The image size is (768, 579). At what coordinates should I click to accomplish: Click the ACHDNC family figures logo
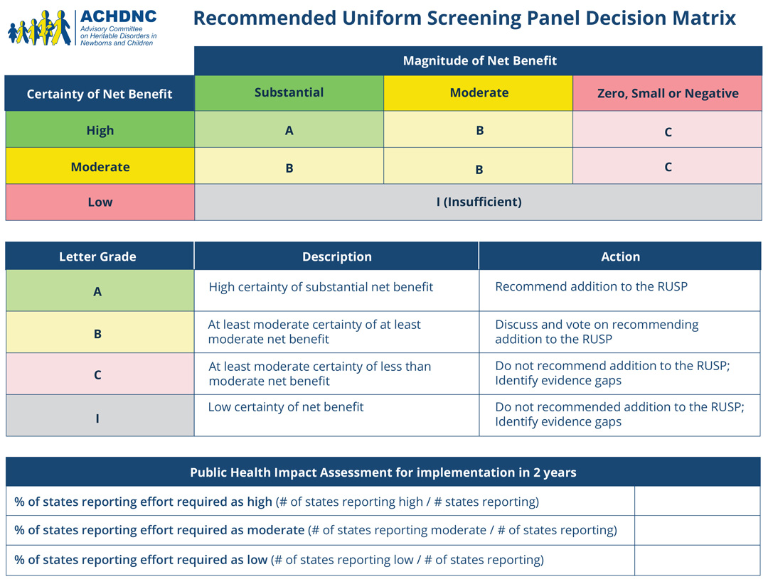point(40,28)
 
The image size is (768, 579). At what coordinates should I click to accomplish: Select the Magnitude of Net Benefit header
point(479,60)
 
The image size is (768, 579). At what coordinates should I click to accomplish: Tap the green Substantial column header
point(289,92)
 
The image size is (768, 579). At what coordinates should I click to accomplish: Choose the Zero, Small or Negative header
point(668,93)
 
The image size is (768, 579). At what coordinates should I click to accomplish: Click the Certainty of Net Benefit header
point(100,94)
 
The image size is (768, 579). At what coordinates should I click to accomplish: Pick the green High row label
point(100,130)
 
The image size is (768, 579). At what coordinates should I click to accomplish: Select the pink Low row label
point(100,202)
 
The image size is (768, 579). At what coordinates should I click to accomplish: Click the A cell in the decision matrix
point(289,130)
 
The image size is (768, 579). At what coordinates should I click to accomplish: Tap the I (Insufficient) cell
point(479,202)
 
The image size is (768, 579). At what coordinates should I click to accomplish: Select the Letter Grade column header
point(97,256)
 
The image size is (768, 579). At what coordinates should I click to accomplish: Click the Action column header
point(620,256)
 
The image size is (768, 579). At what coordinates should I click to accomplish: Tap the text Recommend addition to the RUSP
point(591,286)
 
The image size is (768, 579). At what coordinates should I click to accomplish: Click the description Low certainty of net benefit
point(286,406)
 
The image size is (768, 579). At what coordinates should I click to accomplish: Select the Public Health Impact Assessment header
point(383,472)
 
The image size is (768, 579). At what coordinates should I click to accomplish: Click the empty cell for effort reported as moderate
point(698,530)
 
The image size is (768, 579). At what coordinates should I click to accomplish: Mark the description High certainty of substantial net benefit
point(321,287)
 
